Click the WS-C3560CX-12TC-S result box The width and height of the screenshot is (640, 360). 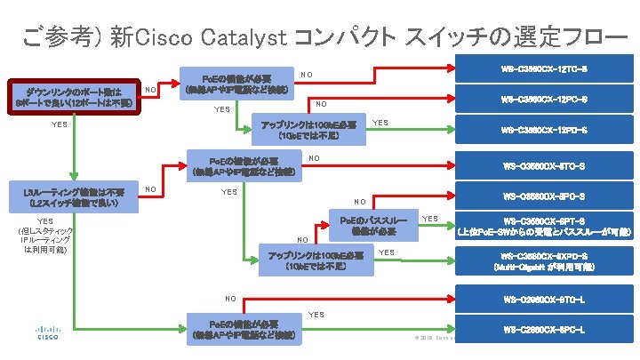pyautogui.click(x=544, y=68)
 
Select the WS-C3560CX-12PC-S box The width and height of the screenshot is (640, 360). pyautogui.click(x=544, y=98)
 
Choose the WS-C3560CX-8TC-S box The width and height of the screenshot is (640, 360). pyautogui.click(x=544, y=164)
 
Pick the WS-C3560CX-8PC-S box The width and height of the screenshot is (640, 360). pyautogui.click(x=544, y=196)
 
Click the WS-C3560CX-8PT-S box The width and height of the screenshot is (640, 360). pyautogui.click(x=544, y=225)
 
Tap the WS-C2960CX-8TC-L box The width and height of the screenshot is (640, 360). pyautogui.click(x=544, y=299)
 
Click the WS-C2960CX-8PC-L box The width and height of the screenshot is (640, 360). pyautogui.click(x=544, y=330)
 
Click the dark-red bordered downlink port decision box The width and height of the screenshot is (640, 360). pyautogui.click(x=74, y=97)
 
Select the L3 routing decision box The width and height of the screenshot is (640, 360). pyautogui.click(x=74, y=197)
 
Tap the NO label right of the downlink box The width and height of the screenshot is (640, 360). pyautogui.click(x=151, y=90)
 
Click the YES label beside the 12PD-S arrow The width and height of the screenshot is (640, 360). pyautogui.click(x=380, y=123)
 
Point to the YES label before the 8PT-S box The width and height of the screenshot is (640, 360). pyautogui.click(x=429, y=218)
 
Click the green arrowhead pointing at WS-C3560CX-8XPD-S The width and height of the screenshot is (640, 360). pyautogui.click(x=450, y=261)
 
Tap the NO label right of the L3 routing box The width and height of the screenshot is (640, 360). pyautogui.click(x=151, y=189)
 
